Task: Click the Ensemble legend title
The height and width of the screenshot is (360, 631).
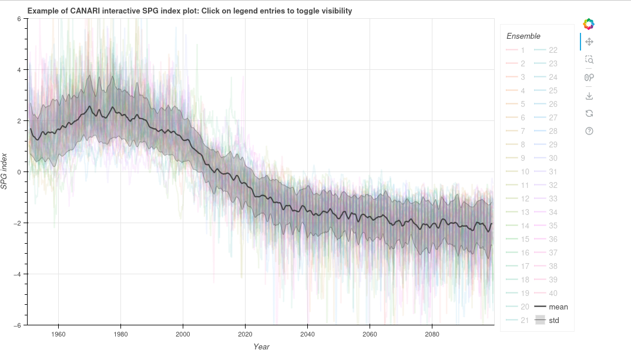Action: click(523, 36)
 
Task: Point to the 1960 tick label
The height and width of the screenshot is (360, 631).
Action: click(58, 334)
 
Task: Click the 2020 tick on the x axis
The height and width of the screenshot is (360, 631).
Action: click(245, 334)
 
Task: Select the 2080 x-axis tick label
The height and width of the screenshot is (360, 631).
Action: click(432, 334)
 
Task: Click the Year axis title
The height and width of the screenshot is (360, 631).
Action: click(261, 347)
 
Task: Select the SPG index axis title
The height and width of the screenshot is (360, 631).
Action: click(5, 171)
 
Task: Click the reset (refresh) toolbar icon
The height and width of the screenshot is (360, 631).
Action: click(589, 113)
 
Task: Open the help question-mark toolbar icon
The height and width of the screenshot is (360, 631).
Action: click(589, 131)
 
